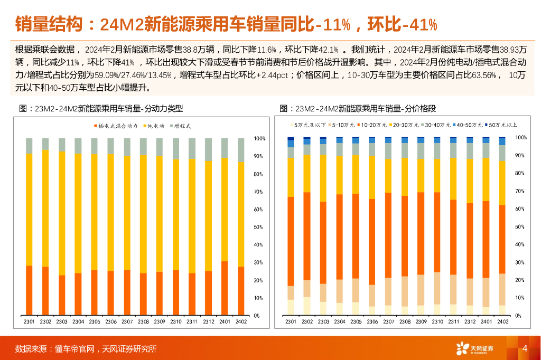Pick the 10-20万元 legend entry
(x=375, y=125)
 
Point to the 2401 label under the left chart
(x=225, y=322)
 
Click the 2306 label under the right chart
(x=372, y=322)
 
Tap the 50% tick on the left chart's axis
(x=259, y=227)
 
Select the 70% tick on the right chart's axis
(x=521, y=191)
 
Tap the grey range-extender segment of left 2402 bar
(x=241, y=150)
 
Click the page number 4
(x=525, y=348)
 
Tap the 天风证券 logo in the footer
(x=475, y=348)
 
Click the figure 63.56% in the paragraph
(x=481, y=75)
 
